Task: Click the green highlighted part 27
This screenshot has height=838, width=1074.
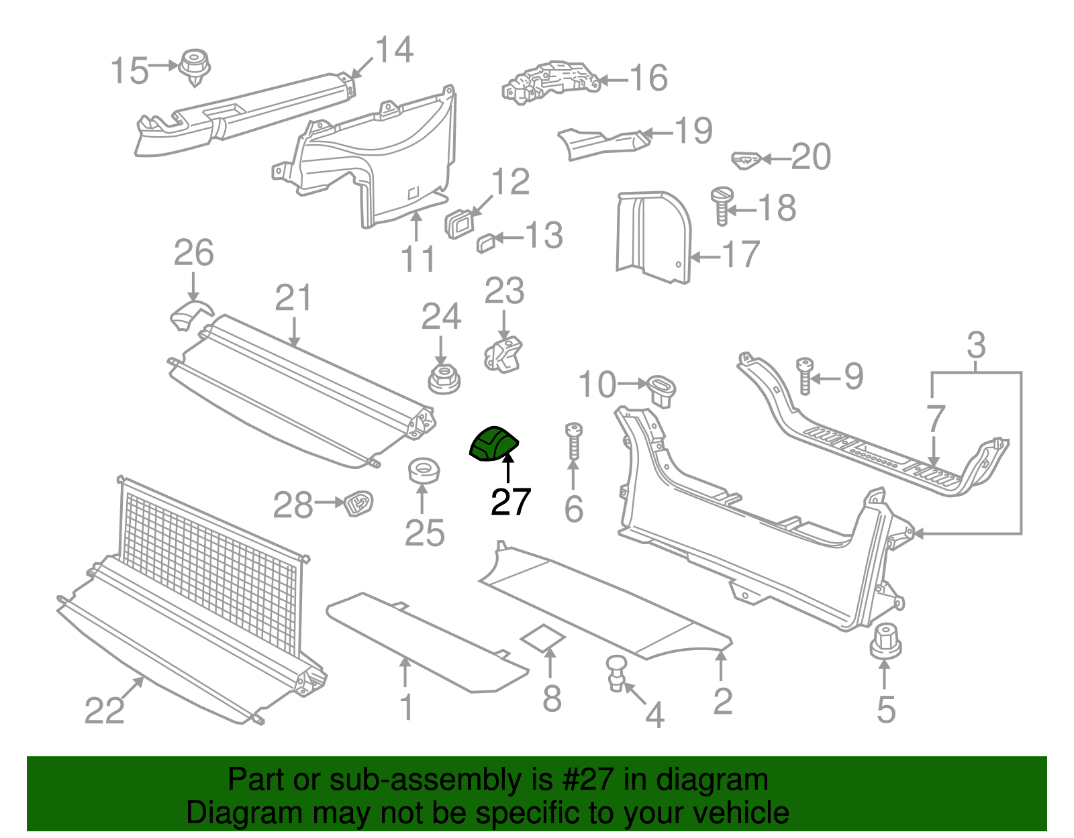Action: (493, 444)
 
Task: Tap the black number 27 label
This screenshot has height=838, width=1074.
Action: (511, 501)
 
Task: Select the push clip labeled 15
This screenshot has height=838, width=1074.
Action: (195, 66)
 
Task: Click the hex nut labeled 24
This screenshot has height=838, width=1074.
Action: (443, 379)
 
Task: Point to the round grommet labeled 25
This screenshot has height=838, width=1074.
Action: (424, 471)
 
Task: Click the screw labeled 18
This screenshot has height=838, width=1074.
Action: (722, 205)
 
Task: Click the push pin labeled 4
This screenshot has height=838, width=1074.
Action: (616, 673)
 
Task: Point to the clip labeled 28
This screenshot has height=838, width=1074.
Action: (358, 503)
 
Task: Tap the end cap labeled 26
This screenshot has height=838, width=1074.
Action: (190, 315)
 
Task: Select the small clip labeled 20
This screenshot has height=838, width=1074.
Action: (745, 160)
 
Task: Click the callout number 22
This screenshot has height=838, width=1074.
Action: (105, 710)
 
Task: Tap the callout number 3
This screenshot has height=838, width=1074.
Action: (976, 346)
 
